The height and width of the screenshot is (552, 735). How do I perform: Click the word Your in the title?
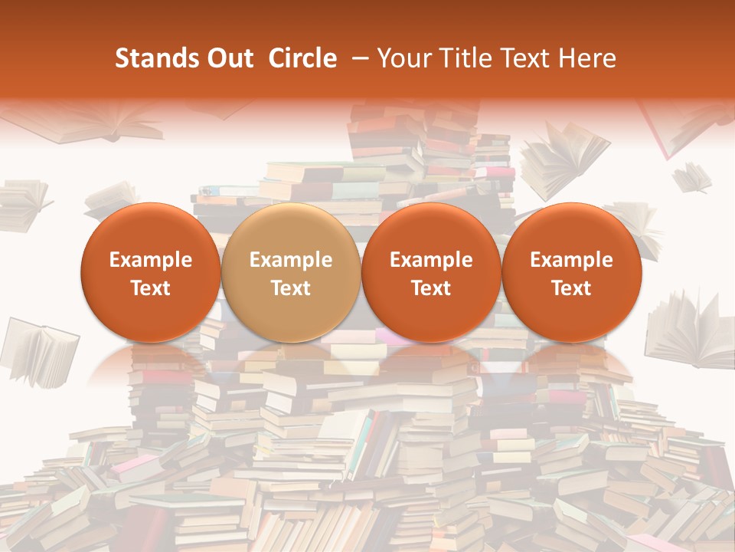pos(402,59)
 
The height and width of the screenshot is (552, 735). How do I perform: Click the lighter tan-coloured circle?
pos(290,272)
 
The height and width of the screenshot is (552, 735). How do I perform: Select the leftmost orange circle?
pos(150,272)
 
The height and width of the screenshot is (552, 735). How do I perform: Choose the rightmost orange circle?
pos(571,272)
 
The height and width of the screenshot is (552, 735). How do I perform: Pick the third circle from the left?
pos(431,272)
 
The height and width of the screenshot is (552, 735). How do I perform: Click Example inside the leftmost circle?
pos(150,260)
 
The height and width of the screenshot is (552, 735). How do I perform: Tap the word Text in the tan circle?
pos(290,288)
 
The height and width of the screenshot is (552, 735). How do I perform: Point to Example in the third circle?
pos(431,260)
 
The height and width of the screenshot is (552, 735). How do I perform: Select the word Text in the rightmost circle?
pos(571,288)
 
